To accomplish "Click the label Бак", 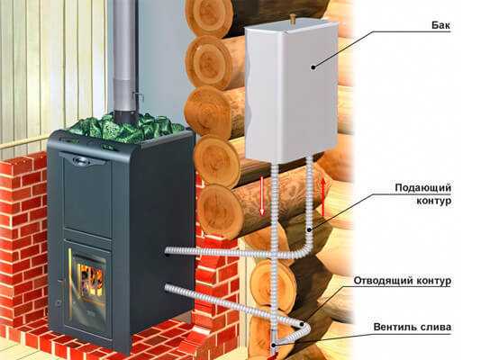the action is coord(440,24).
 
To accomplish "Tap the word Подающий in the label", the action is coord(422,187).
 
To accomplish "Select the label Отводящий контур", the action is coord(403,281).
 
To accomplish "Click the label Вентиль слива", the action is coord(413,328).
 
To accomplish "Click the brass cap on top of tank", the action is coord(293,18).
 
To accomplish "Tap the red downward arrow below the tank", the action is coord(262,195).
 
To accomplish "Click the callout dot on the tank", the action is coord(313,67).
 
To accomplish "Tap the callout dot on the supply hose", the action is coord(309,230).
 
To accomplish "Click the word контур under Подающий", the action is coord(434,201).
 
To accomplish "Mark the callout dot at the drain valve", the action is coord(274,345).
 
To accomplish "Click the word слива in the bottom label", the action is coord(436,328).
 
